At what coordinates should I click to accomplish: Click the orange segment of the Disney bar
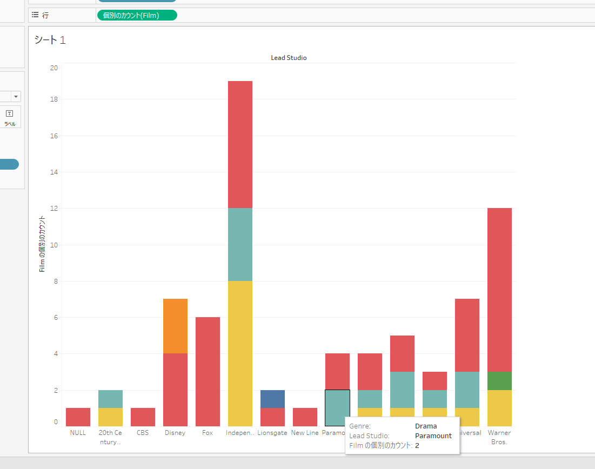pos(175,326)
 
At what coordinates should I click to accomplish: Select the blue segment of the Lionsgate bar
pos(272,399)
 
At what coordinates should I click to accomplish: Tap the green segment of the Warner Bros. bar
pos(499,380)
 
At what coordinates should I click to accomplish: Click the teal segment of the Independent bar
pos(240,244)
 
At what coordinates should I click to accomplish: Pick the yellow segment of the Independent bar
pos(240,353)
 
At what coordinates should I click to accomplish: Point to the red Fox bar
pos(208,371)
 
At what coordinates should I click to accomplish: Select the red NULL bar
pos(78,417)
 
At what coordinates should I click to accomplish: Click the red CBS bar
pos(143,417)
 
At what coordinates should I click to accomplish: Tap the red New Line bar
pos(305,417)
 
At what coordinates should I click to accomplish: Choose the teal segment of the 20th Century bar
pos(110,399)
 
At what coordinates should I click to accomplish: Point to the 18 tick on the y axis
pos(54,99)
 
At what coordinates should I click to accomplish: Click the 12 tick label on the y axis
pos(54,209)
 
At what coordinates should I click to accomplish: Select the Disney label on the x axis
pos(175,433)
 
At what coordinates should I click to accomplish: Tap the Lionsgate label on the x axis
pos(272,433)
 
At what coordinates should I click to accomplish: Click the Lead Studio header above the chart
pos(289,57)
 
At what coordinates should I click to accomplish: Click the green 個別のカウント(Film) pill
pos(137,15)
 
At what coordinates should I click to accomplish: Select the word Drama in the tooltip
pos(426,426)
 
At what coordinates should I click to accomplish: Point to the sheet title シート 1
pos(50,39)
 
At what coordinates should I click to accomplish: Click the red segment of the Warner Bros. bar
pos(499,290)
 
